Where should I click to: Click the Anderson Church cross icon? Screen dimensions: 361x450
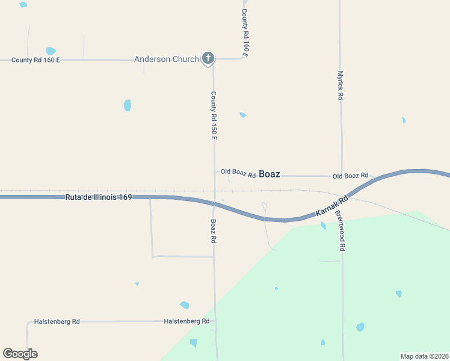pyautogui.click(x=208, y=58)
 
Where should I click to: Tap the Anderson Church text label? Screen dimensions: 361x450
pyautogui.click(x=166, y=59)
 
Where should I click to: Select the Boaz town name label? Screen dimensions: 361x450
pyautogui.click(x=269, y=174)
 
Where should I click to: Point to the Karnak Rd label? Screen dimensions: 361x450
pyautogui.click(x=332, y=206)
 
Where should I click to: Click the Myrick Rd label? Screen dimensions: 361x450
pyautogui.click(x=340, y=85)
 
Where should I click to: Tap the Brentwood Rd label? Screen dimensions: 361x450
pyautogui.click(x=340, y=230)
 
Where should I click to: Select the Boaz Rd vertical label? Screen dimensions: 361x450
pyautogui.click(x=214, y=230)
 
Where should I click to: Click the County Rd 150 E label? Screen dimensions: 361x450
pyautogui.click(x=214, y=116)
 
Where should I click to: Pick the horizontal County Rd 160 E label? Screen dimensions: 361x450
pyautogui.click(x=35, y=60)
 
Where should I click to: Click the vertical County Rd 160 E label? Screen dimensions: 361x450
pyautogui.click(x=245, y=33)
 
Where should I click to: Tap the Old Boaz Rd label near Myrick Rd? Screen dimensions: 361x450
pyautogui.click(x=350, y=176)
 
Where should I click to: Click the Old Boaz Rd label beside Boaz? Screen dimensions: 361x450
pyautogui.click(x=238, y=172)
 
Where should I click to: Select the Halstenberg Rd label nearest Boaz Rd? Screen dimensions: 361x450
pyautogui.click(x=186, y=321)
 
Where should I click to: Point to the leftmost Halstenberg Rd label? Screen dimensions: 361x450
pyautogui.click(x=57, y=321)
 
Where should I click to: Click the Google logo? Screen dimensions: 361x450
pyautogui.click(x=20, y=354)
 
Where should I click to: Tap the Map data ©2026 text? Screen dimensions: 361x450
pyautogui.click(x=424, y=356)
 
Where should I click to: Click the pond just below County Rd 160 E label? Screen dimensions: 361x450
pyautogui.click(x=51, y=51)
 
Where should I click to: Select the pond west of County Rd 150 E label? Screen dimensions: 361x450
pyautogui.click(x=128, y=105)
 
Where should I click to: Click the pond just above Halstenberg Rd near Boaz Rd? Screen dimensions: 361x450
pyautogui.click(x=185, y=306)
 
